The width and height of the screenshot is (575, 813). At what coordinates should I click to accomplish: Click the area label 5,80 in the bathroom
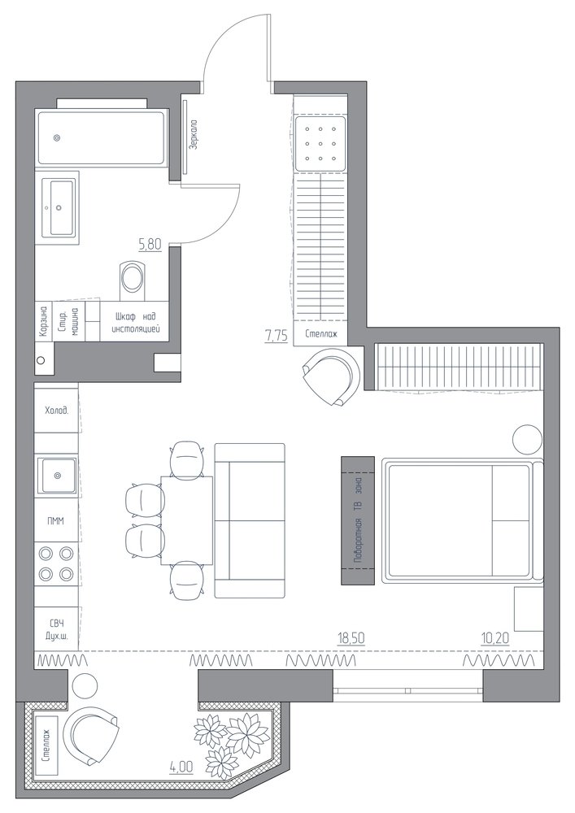(150, 244)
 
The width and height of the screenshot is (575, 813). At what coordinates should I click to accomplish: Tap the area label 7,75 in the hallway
(276, 336)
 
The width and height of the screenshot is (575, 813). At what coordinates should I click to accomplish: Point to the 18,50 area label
(351, 637)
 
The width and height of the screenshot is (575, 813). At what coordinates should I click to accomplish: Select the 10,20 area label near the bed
(495, 637)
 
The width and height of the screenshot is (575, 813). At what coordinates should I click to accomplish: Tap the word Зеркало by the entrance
(194, 135)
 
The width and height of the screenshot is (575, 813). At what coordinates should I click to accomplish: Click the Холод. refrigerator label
(56, 410)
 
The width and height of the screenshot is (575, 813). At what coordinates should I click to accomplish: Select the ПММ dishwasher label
(56, 521)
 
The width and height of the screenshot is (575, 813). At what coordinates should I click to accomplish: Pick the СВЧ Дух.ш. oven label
(56, 628)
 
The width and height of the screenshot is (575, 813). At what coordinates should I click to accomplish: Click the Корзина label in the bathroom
(44, 321)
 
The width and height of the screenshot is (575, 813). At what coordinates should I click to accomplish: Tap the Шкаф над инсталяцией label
(135, 322)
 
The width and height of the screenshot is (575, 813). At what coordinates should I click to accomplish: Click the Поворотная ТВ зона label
(357, 521)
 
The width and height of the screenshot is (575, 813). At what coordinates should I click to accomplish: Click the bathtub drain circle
(56, 138)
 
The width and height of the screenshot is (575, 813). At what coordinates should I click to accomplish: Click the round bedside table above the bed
(527, 438)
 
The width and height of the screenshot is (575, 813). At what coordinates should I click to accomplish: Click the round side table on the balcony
(85, 686)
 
